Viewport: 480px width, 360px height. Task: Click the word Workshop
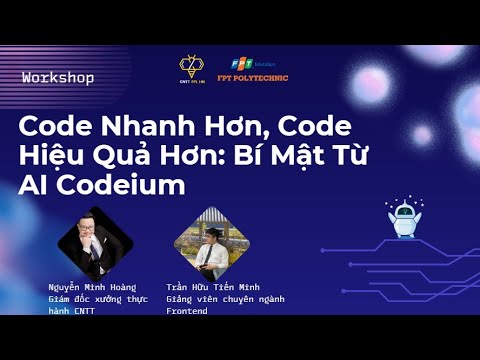(58, 77)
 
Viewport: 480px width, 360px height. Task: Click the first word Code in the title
(51, 130)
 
